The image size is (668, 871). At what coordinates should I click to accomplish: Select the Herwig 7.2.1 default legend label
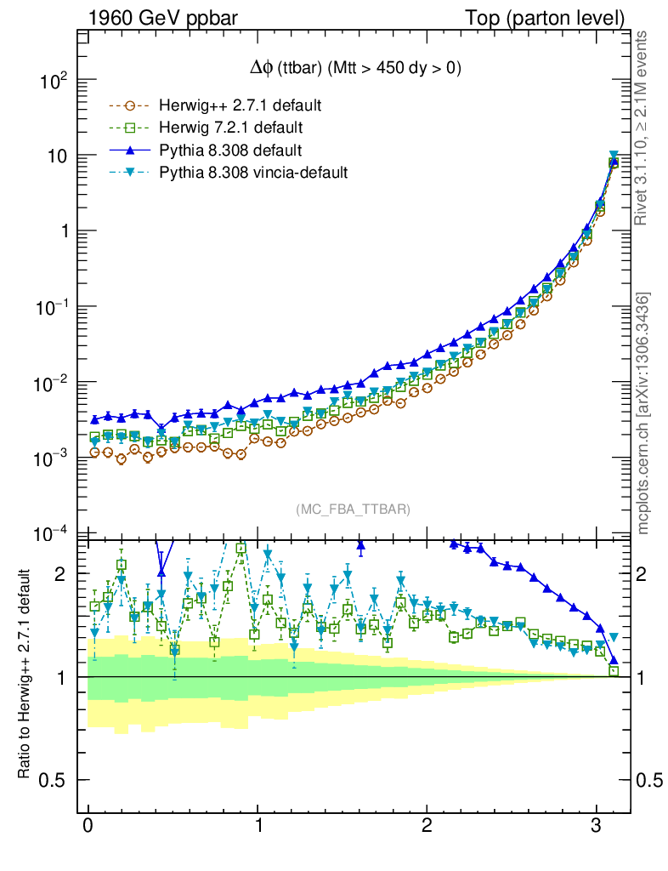(231, 128)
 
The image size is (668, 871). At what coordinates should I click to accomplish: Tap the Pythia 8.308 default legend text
(230, 151)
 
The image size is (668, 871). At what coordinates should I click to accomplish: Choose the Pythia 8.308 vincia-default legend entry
(253, 173)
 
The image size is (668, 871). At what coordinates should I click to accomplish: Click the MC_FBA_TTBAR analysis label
(353, 510)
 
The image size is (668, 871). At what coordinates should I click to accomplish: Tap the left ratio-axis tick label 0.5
(56, 780)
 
